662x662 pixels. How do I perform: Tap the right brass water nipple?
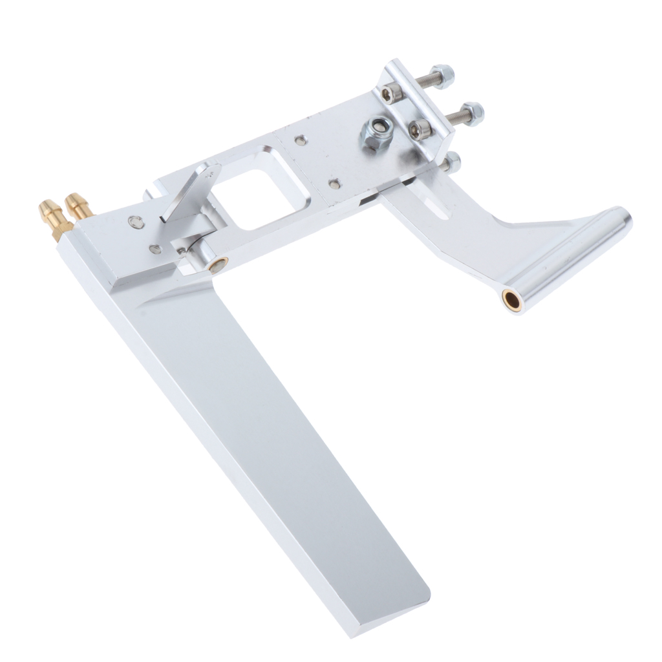(x=79, y=206)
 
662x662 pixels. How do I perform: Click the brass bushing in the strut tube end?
(x=513, y=299)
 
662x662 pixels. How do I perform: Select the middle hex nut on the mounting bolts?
(x=473, y=114)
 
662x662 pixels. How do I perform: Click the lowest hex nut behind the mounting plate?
(x=452, y=161)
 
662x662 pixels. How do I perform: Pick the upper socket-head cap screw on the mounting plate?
(x=390, y=94)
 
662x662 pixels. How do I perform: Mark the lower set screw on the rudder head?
(x=154, y=250)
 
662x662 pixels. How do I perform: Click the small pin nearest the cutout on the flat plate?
(x=300, y=139)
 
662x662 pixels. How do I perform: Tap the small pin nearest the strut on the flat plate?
(x=334, y=184)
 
